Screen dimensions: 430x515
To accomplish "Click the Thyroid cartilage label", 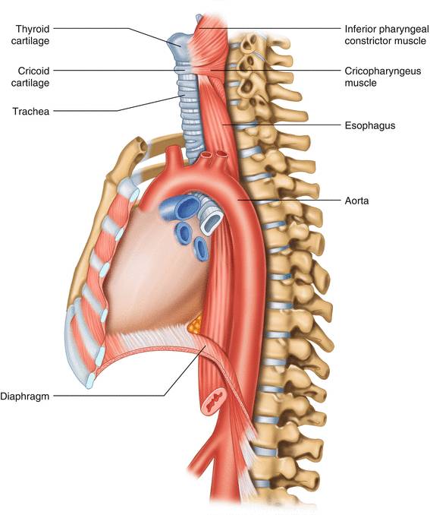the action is (x=30, y=35).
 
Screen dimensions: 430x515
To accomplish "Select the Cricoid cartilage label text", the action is (x=30, y=77).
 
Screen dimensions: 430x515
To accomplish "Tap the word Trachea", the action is (x=31, y=112).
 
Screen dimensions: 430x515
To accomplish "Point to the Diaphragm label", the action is (x=24, y=396).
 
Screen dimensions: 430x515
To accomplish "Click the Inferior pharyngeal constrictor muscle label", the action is (x=386, y=35).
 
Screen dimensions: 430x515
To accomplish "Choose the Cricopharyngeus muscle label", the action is (x=383, y=77).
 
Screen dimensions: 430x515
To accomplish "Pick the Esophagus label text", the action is (x=370, y=125).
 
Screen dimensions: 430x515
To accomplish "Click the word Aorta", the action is (x=356, y=201).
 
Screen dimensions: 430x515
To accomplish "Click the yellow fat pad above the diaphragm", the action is (x=195, y=324).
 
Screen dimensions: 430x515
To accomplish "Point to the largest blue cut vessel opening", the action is (x=185, y=207).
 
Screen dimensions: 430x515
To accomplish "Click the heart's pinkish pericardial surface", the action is (x=154, y=273).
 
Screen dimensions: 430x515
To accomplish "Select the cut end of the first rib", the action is (x=140, y=145).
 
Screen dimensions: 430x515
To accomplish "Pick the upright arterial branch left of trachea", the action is (x=174, y=157).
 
